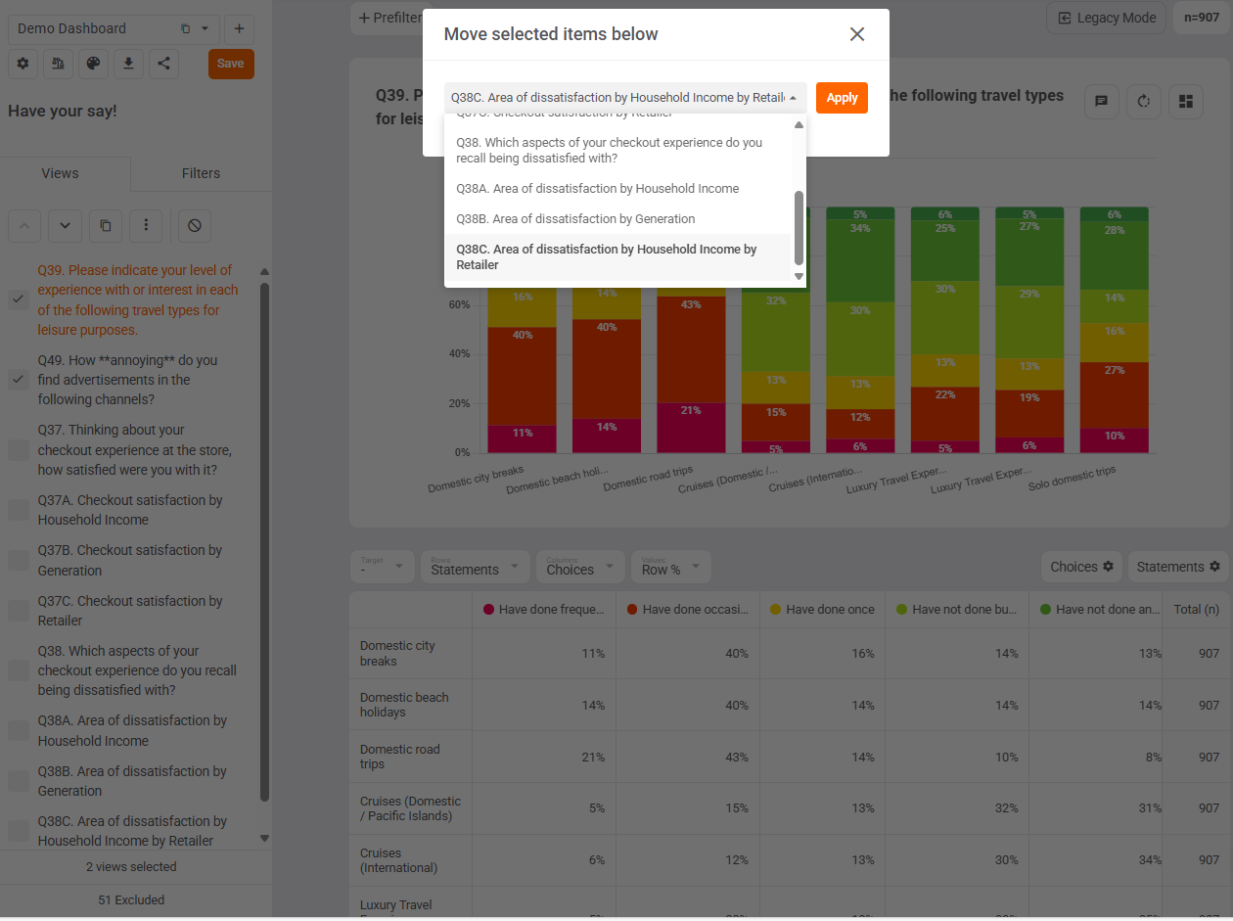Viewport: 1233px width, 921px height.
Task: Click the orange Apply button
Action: (x=842, y=98)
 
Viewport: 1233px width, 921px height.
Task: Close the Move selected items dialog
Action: (x=857, y=34)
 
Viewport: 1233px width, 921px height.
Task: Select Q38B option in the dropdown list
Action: (x=575, y=219)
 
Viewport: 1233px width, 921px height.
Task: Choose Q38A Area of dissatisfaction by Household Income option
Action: (x=597, y=189)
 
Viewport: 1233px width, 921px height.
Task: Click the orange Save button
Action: (x=231, y=64)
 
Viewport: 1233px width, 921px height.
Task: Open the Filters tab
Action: (x=201, y=173)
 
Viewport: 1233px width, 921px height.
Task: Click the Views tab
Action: (x=60, y=173)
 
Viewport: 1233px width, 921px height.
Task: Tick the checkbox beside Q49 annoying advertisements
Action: (x=19, y=380)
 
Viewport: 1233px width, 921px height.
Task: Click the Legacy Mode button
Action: (x=1107, y=18)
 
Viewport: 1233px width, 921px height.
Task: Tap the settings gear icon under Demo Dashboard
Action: (x=23, y=64)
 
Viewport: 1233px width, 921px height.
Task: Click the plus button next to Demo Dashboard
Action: (x=239, y=28)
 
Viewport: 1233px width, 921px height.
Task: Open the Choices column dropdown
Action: (x=580, y=567)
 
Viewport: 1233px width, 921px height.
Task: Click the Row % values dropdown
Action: (x=670, y=567)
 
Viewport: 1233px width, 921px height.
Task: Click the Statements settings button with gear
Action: (x=1177, y=567)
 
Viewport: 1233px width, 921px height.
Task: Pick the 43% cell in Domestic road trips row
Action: (x=736, y=758)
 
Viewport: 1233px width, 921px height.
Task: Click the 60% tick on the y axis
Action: (x=459, y=304)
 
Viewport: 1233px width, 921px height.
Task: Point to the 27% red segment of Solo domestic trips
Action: (x=1115, y=370)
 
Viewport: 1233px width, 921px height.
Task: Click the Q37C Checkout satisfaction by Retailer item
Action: (x=130, y=611)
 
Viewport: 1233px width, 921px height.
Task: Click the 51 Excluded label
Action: (x=131, y=899)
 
